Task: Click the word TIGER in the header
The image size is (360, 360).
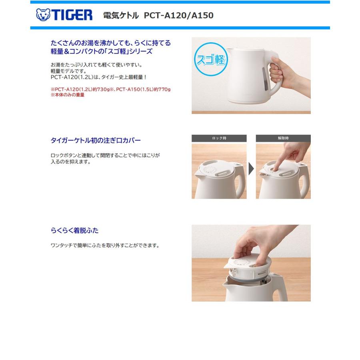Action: (71, 15)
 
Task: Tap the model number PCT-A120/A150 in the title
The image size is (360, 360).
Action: (178, 16)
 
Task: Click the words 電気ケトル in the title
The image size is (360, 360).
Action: (121, 16)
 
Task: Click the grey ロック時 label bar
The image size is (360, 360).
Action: (219, 138)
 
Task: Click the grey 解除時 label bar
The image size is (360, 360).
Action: (283, 138)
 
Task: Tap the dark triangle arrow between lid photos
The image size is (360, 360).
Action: (251, 169)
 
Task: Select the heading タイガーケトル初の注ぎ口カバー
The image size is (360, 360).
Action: (96, 140)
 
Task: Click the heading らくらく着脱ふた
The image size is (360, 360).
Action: (74, 230)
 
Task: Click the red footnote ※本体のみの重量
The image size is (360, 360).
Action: (68, 95)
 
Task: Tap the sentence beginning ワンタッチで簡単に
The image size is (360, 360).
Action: (105, 245)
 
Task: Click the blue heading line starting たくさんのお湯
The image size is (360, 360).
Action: (111, 43)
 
